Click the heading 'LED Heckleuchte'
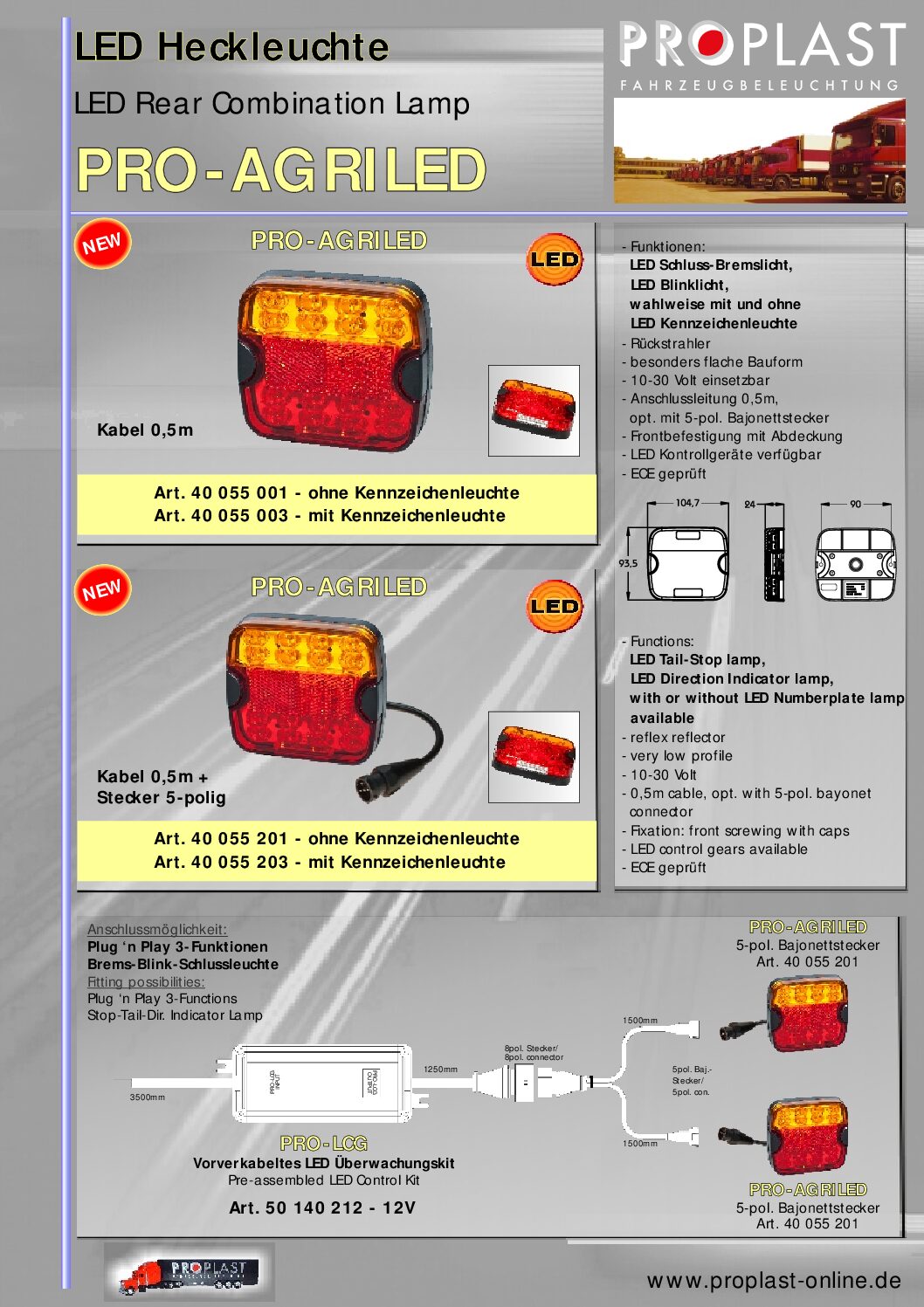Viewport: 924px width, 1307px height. pyautogui.click(x=231, y=47)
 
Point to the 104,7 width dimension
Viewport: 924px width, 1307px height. pyautogui.click(x=687, y=503)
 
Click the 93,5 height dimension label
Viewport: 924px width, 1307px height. pyautogui.click(x=628, y=563)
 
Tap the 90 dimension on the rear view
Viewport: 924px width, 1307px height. pyautogui.click(x=855, y=504)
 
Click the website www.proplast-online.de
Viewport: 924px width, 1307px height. pyautogui.click(x=774, y=1281)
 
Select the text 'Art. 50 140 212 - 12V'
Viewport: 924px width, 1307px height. pyautogui.click(x=322, y=1208)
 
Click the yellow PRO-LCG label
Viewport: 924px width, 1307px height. pyautogui.click(x=324, y=1144)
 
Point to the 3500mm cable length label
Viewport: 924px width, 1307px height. pyautogui.click(x=147, y=1097)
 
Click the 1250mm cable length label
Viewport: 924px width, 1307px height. pyautogui.click(x=440, y=1070)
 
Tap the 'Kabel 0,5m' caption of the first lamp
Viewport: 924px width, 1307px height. pyautogui.click(x=145, y=430)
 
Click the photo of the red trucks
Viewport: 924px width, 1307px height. pyautogui.click(x=760, y=151)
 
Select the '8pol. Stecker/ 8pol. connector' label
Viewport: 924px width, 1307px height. pyautogui.click(x=533, y=1053)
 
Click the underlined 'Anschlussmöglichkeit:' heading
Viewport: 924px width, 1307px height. pyautogui.click(x=156, y=930)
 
